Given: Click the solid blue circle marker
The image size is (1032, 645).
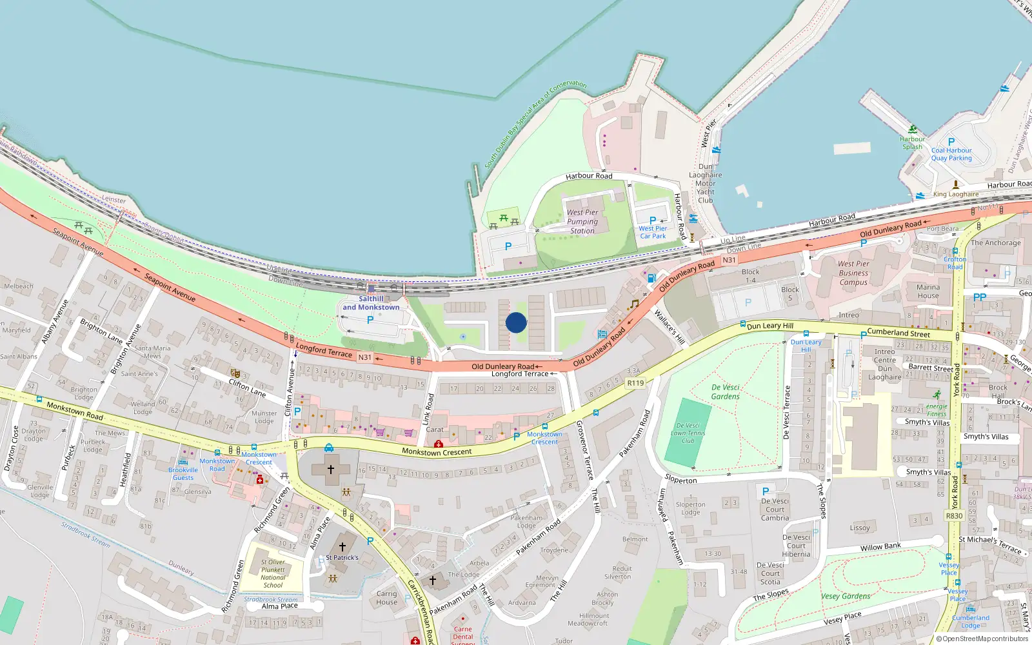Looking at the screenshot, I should click(516, 322).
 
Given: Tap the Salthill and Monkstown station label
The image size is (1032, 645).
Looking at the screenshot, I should click(371, 303).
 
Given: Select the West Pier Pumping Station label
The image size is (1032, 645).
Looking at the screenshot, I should click(582, 221).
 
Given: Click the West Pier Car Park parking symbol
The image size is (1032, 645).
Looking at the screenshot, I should click(653, 221).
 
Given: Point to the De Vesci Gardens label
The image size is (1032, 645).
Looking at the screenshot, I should click(726, 392).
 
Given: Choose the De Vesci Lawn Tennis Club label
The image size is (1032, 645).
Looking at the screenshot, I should click(688, 433).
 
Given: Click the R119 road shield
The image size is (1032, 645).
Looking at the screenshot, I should click(635, 383).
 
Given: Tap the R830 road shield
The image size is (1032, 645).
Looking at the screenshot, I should click(954, 516).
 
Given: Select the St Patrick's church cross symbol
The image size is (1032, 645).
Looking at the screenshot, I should click(342, 547).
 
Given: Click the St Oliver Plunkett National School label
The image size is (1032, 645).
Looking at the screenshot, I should click(273, 573).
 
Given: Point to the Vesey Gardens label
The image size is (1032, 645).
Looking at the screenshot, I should click(846, 597).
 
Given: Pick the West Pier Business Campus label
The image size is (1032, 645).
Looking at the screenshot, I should click(853, 273).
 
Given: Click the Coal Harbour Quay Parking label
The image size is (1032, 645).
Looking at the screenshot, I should click(951, 154).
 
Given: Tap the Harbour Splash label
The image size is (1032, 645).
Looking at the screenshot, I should click(912, 143).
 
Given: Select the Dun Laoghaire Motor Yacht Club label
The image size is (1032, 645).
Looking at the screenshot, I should click(706, 183).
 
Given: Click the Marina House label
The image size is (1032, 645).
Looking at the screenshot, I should click(928, 292).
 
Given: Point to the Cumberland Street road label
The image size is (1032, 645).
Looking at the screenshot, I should click(898, 333).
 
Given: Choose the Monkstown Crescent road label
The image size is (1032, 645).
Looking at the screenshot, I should click(437, 452).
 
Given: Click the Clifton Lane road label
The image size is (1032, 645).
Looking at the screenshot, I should click(247, 388).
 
